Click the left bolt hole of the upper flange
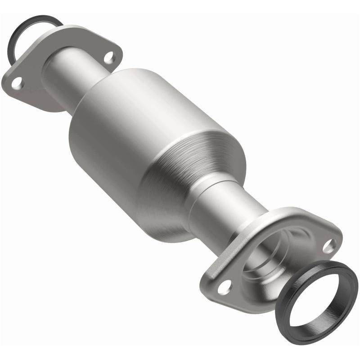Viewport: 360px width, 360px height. [17, 83]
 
